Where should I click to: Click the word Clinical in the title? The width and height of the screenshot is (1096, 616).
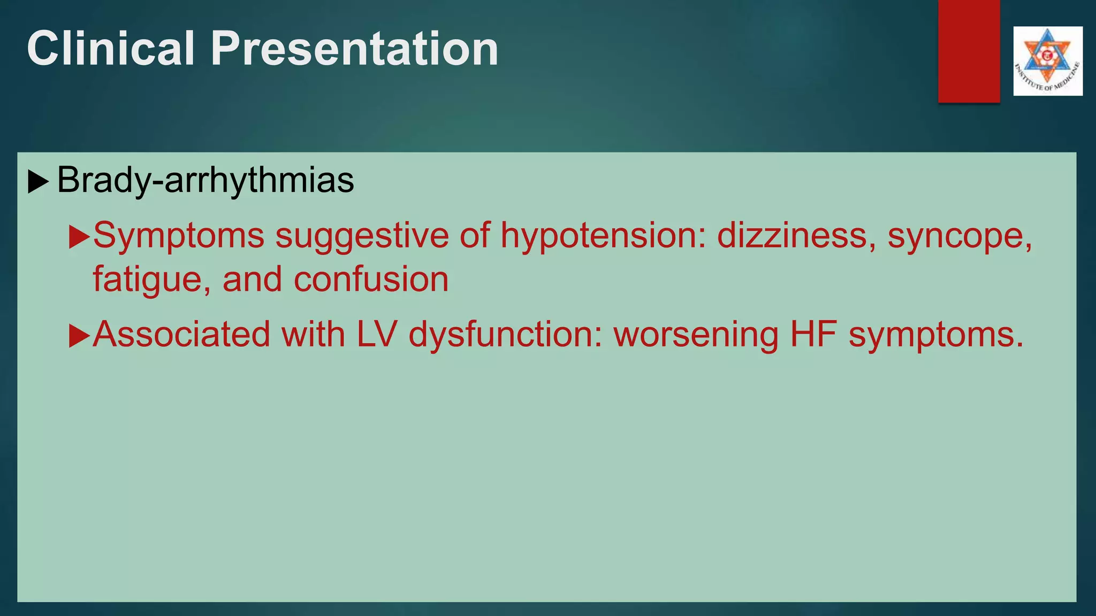tap(111, 49)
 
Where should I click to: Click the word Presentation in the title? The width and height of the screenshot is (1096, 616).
tap(354, 49)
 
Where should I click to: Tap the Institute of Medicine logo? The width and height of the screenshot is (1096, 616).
tap(1047, 61)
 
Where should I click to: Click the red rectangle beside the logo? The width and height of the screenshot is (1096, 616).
tap(969, 51)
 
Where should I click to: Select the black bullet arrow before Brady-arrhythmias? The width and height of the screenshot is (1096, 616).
tap(38, 182)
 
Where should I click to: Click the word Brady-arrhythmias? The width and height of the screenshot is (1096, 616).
tap(205, 180)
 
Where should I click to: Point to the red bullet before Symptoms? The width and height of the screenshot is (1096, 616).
tap(79, 237)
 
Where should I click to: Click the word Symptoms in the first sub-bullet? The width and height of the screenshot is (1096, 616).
tap(179, 236)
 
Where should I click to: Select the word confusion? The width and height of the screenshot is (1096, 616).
tap(371, 279)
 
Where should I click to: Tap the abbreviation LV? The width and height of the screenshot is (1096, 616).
tap(376, 334)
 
